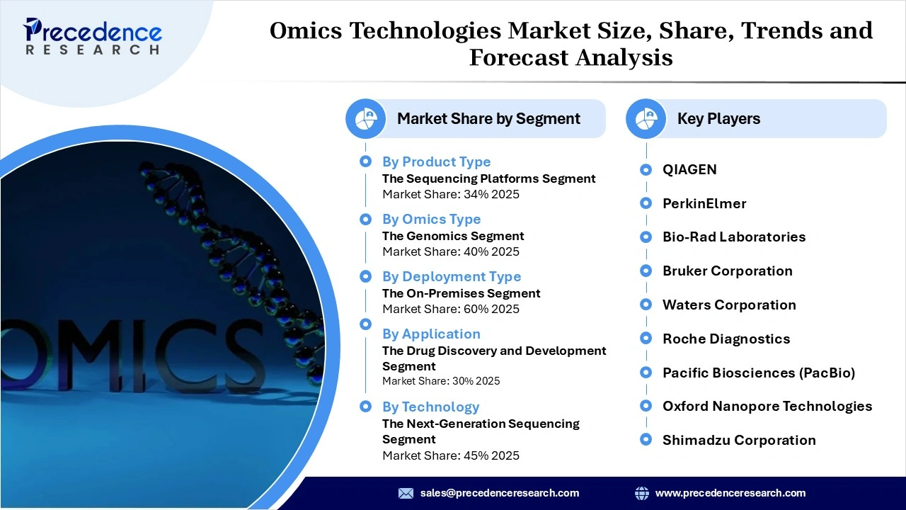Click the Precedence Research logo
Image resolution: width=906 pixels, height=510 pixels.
point(93,36)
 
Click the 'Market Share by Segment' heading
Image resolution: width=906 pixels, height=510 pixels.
point(488,119)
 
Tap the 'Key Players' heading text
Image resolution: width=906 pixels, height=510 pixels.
point(718,119)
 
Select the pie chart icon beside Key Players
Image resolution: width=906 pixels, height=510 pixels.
point(646,119)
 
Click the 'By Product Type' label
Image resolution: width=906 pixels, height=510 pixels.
point(436,161)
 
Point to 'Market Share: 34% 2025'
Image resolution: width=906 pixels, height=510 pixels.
point(451,194)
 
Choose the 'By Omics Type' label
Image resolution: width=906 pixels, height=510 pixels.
point(431,219)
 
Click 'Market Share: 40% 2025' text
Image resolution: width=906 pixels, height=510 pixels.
point(451,251)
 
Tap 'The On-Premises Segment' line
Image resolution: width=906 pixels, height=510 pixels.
point(461,293)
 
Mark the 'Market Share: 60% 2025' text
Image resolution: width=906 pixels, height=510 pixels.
point(451,309)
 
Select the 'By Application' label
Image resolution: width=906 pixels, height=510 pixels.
point(431,334)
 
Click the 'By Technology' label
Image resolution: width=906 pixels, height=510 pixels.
point(430,407)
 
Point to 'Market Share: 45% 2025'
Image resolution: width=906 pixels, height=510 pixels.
point(451,455)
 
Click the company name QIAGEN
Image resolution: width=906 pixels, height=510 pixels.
point(689,169)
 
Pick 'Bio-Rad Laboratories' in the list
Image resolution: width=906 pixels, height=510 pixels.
point(734,237)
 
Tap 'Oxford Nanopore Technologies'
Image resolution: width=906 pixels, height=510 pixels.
point(767,406)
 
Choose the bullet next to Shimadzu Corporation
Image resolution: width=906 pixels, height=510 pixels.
point(646,440)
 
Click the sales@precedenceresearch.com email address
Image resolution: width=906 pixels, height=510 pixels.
point(500,493)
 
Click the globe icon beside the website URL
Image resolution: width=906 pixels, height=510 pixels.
point(642,493)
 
